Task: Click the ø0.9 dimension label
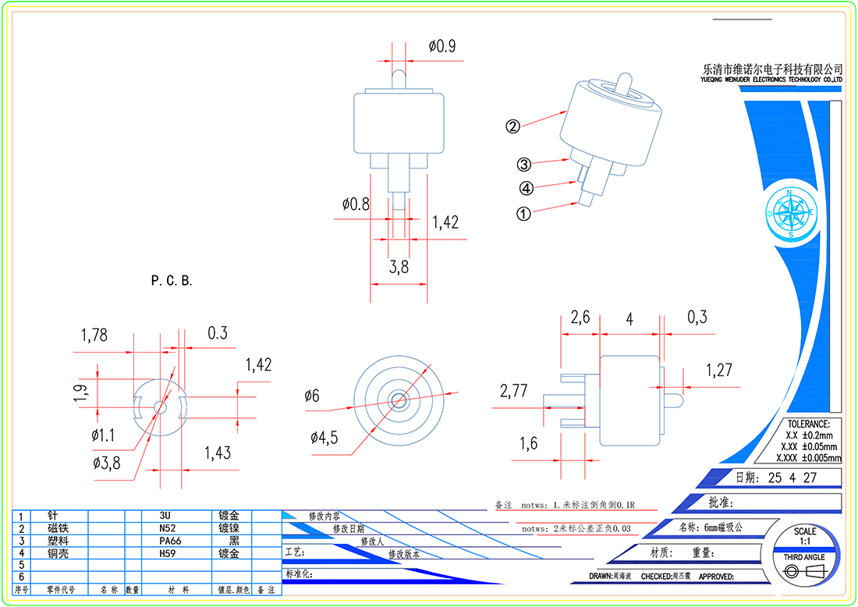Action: (441, 46)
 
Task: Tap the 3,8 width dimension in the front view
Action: (399, 268)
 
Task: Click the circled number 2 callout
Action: (512, 126)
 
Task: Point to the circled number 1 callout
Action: (524, 212)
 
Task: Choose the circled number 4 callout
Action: (526, 188)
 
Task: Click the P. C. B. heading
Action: (172, 281)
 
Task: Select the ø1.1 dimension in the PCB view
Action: (103, 434)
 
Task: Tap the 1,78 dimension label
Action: (94, 335)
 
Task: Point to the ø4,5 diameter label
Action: (324, 438)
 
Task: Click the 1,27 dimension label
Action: (719, 370)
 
